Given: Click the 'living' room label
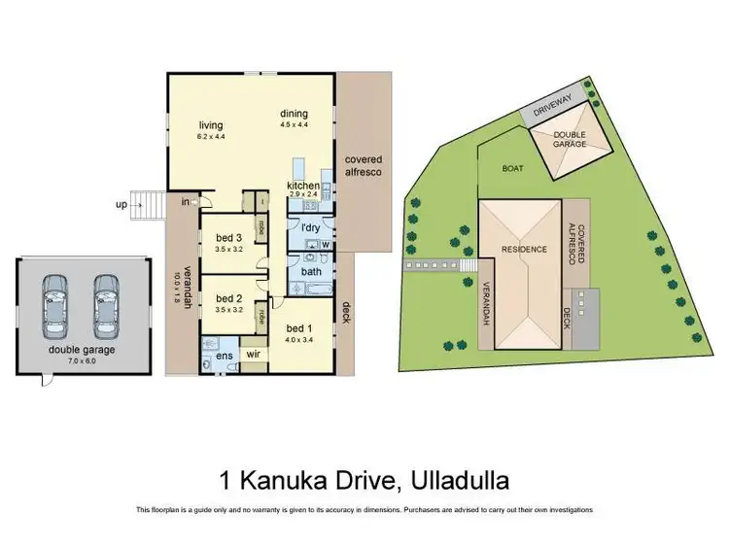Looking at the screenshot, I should pos(212,125).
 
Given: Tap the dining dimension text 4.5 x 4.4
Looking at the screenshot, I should pos(295,123).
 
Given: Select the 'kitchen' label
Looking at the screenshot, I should pos(302,185).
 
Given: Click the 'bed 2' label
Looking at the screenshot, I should pos(227,298).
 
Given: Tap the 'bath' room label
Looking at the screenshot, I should pos(311,272).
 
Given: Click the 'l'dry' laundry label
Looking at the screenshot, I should pos(311,227).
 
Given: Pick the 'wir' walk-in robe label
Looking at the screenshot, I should pos(256,356).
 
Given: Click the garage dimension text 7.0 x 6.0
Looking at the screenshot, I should pos(84,360).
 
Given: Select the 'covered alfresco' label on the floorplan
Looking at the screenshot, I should pos(362,165).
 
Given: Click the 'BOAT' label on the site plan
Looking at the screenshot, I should pos(512,168).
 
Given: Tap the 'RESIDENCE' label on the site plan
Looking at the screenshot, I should pos(524,250).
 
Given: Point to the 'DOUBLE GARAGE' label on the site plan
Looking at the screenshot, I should pos(570,140).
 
